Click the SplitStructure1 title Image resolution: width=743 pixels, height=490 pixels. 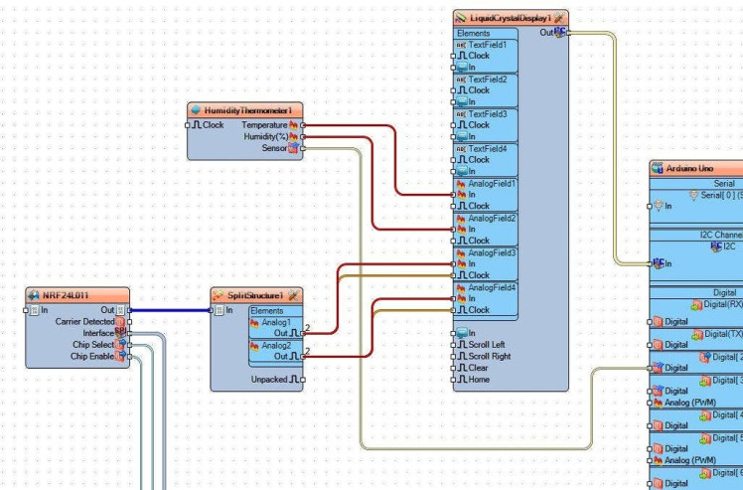(254, 295)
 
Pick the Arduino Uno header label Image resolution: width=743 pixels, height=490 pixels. (695, 168)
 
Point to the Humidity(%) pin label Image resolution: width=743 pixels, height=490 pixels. (265, 136)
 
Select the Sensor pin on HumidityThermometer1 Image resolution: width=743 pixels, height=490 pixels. (274, 148)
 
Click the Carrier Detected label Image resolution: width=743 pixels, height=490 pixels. (85, 321)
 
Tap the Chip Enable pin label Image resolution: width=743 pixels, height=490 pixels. (93, 356)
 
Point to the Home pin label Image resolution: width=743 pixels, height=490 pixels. (479, 379)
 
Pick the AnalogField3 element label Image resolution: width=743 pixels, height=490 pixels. (492, 252)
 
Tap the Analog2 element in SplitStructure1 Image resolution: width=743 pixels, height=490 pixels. (277, 345)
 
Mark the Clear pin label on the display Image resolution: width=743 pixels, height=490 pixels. (479, 368)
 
